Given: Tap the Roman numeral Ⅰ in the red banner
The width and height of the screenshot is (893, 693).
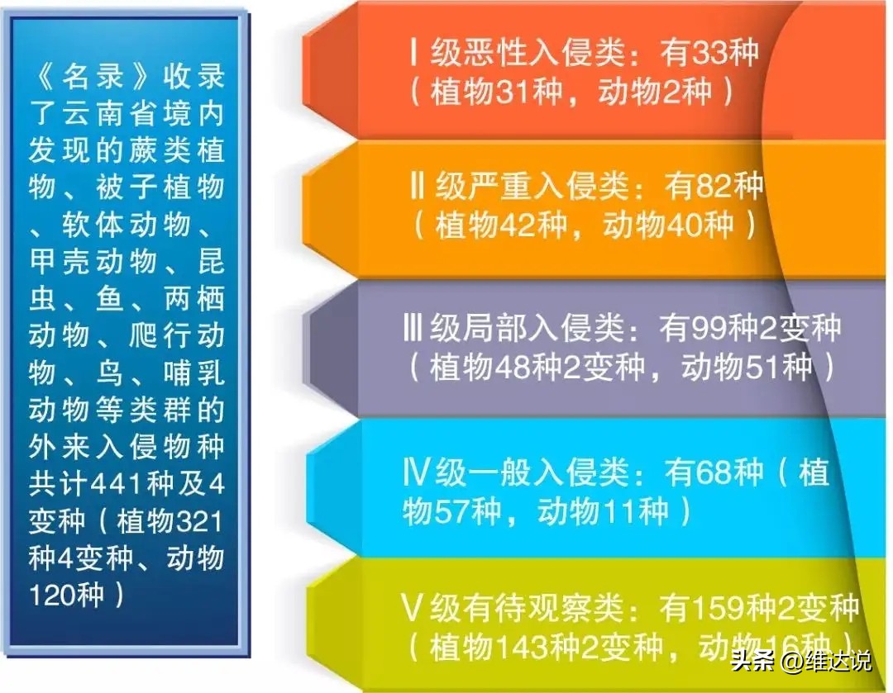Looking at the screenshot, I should [413, 53].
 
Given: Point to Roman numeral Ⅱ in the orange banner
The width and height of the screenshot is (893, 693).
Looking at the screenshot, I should [417, 188].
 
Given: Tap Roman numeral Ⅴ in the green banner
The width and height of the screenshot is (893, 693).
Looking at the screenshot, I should [413, 610].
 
